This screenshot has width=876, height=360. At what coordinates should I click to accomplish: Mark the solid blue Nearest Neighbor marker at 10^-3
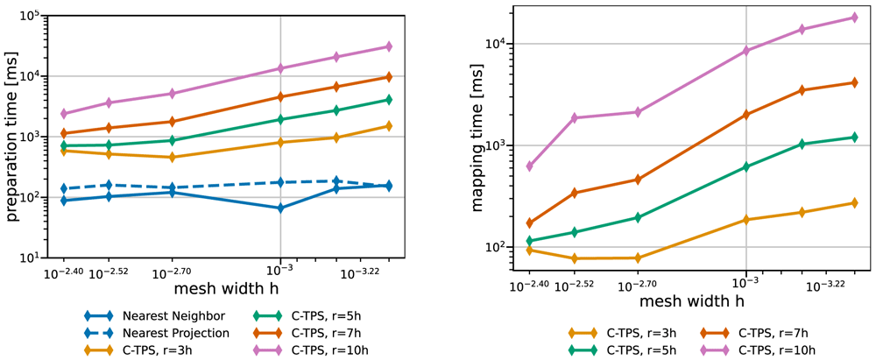tap(280, 208)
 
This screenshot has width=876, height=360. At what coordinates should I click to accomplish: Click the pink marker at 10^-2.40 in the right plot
tap(529, 166)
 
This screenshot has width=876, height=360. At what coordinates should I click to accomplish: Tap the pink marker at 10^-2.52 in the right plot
tap(574, 117)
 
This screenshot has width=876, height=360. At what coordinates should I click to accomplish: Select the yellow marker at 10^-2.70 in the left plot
tap(173, 157)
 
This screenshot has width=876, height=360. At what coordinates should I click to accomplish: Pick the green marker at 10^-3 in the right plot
tap(745, 166)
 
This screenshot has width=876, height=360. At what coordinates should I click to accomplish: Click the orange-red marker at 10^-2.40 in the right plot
tap(529, 223)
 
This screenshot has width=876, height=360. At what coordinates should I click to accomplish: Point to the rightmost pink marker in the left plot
tap(389, 46)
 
